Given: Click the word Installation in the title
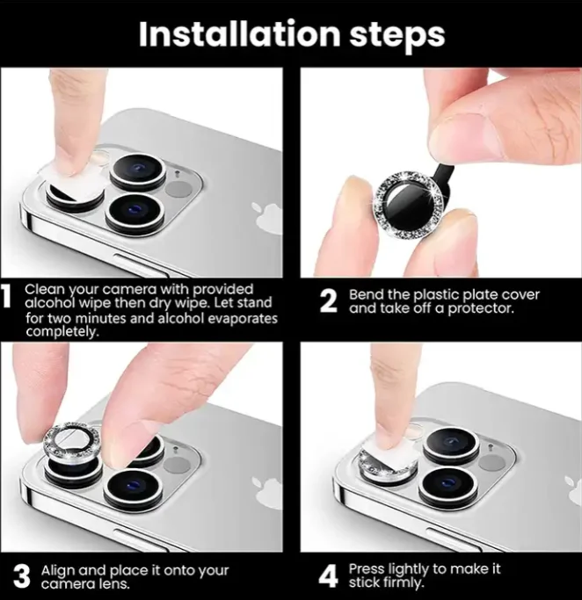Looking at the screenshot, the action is (239, 33).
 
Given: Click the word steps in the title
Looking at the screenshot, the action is (397, 36).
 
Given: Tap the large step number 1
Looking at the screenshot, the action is (6, 295).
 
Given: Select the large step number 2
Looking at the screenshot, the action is (329, 301).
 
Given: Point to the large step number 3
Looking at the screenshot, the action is (21, 576).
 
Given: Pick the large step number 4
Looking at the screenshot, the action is (329, 576).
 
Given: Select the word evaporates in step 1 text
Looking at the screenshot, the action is (243, 318).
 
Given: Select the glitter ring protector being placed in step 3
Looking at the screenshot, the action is (71, 441).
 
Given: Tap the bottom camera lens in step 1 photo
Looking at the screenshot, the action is (135, 213).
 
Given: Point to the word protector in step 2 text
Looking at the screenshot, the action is (481, 308).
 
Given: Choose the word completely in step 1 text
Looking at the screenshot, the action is (62, 331).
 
